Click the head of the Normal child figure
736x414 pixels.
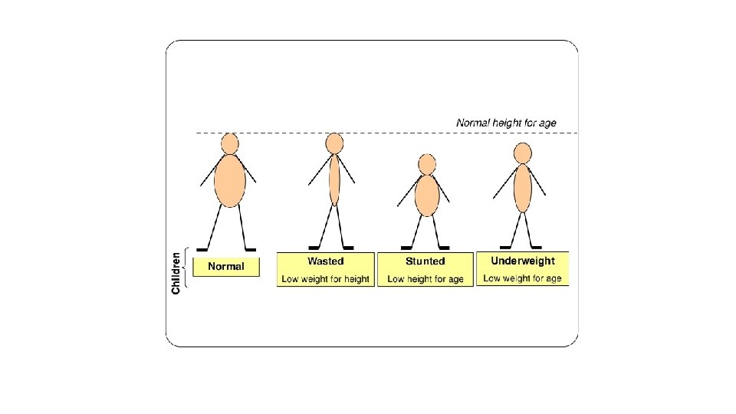[230, 143]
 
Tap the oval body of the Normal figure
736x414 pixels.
[230, 180]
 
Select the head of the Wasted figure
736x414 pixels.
[334, 143]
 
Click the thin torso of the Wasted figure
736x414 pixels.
[334, 179]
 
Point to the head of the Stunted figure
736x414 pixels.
[427, 164]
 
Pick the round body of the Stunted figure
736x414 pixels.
[427, 196]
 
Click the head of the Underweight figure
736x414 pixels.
[523, 153]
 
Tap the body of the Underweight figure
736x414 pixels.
[522, 188]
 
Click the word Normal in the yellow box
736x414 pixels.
[226, 267]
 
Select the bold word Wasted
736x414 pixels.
[326, 261]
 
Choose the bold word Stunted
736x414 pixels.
[426, 261]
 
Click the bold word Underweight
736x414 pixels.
[523, 261]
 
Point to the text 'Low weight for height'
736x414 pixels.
[326, 279]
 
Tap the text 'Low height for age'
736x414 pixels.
[426, 279]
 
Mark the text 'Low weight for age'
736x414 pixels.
[523, 278]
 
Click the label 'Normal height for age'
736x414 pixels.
[506, 123]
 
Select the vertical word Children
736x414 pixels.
[176, 273]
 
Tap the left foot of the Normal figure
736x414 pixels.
[202, 249]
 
